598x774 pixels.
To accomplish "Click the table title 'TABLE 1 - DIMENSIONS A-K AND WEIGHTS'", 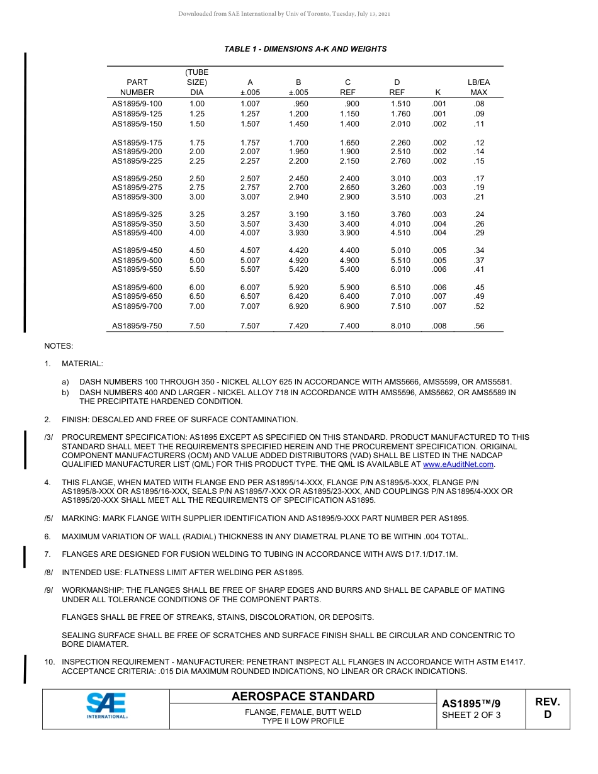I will [x=305, y=49].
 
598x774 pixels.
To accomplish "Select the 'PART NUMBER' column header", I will [x=137, y=87].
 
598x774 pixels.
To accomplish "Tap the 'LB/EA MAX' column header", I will [x=478, y=87].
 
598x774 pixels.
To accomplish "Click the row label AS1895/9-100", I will [x=137, y=104].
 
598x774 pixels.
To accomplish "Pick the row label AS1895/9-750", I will [x=137, y=326].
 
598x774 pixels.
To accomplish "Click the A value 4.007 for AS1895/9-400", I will [x=250, y=233].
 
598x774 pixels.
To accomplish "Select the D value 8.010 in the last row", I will [x=400, y=326].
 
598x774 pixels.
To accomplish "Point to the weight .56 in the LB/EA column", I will [x=479, y=326].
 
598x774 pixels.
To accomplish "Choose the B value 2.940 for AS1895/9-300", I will [x=298, y=197].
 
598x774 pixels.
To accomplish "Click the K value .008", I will [x=439, y=326].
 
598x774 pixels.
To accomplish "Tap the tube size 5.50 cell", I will [x=197, y=269].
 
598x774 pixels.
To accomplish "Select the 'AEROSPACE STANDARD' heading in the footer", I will [x=303, y=697].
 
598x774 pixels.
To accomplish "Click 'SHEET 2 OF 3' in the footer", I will [x=471, y=715].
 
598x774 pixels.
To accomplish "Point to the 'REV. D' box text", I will [x=547, y=708].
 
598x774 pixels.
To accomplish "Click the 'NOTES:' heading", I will [x=59, y=346].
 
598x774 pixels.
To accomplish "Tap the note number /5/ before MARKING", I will [x=48, y=519].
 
